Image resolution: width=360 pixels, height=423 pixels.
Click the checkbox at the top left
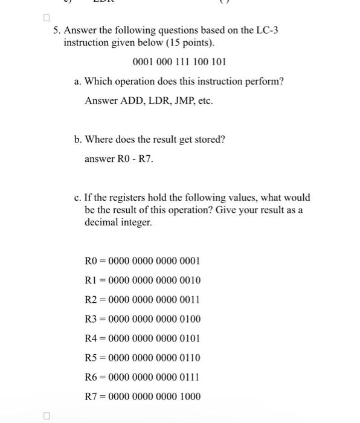[47, 18]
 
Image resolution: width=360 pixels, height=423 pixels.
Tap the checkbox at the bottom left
[47, 415]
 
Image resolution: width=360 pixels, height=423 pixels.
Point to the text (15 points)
[184, 44]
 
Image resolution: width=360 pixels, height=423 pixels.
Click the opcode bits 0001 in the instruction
[142, 62]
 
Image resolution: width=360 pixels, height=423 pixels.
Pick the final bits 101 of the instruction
[218, 62]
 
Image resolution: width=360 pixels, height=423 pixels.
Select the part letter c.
[77, 197]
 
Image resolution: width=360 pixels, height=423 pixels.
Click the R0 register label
[91, 261]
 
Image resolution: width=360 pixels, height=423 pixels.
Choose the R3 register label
[91, 319]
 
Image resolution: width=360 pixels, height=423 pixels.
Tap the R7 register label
[91, 396]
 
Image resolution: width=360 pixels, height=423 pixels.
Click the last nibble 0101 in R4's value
[190, 338]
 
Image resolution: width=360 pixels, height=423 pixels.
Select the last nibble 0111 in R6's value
[190, 377]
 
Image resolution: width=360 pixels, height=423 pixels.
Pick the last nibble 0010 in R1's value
[190, 280]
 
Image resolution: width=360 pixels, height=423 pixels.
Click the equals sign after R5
[102, 358]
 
